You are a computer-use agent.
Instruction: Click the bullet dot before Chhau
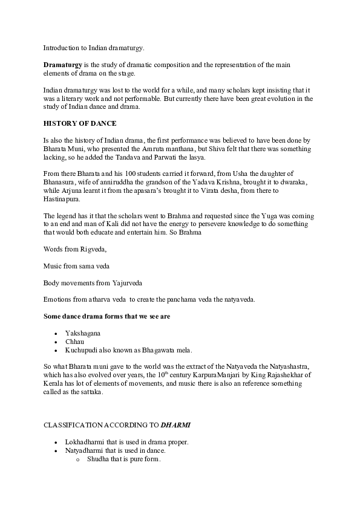pos(57,342)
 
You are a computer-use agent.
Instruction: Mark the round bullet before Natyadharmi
pos(57,450)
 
